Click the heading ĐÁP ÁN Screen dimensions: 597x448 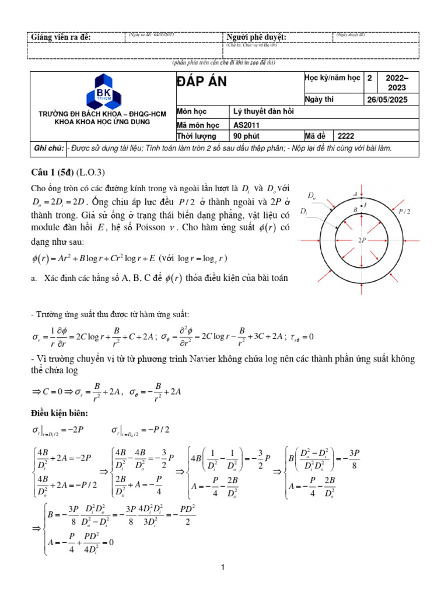click(202, 83)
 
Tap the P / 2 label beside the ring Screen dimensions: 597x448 click(405, 213)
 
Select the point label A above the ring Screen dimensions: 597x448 click(355, 194)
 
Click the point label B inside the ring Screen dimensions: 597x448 click(355, 208)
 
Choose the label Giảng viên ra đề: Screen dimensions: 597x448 click(61, 38)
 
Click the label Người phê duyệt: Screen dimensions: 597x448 click(256, 38)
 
